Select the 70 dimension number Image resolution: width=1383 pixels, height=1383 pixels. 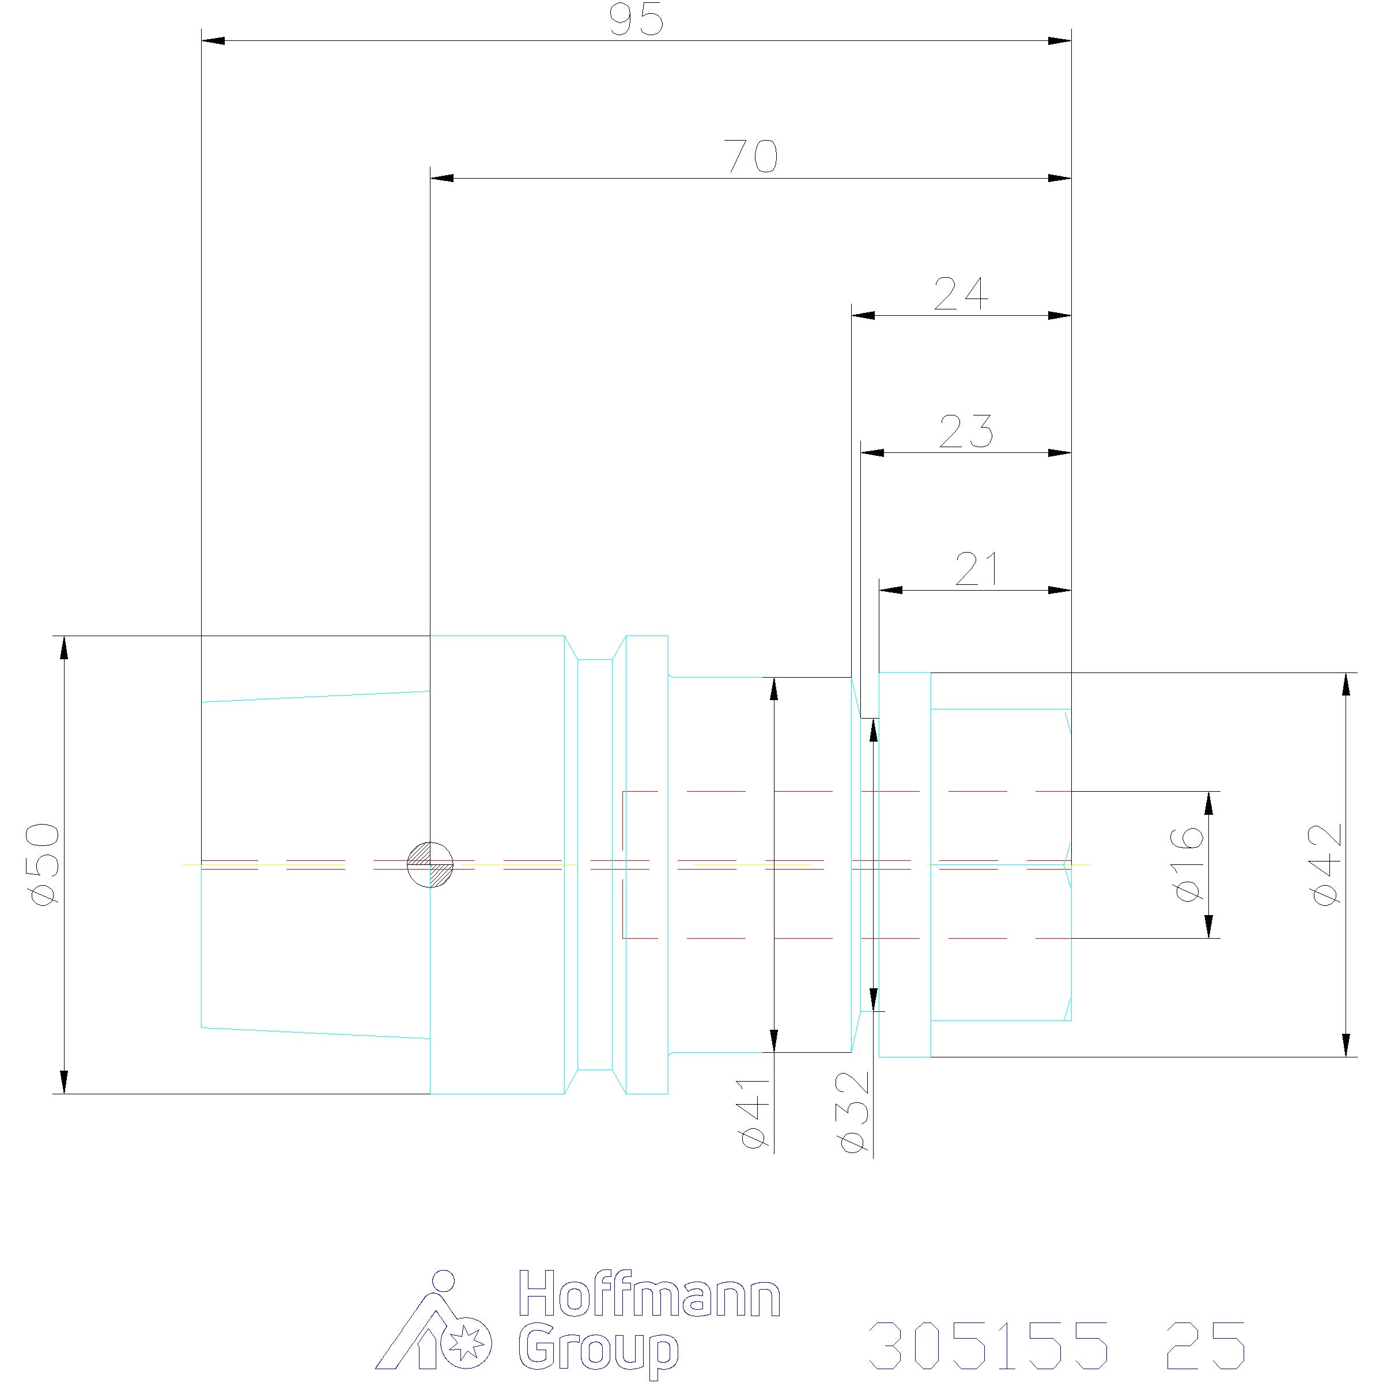click(751, 157)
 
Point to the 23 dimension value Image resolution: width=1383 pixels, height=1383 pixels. click(966, 432)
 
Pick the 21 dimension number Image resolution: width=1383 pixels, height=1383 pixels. click(976, 569)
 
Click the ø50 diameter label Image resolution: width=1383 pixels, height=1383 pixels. click(44, 863)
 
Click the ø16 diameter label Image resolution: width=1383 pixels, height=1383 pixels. click(1188, 864)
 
